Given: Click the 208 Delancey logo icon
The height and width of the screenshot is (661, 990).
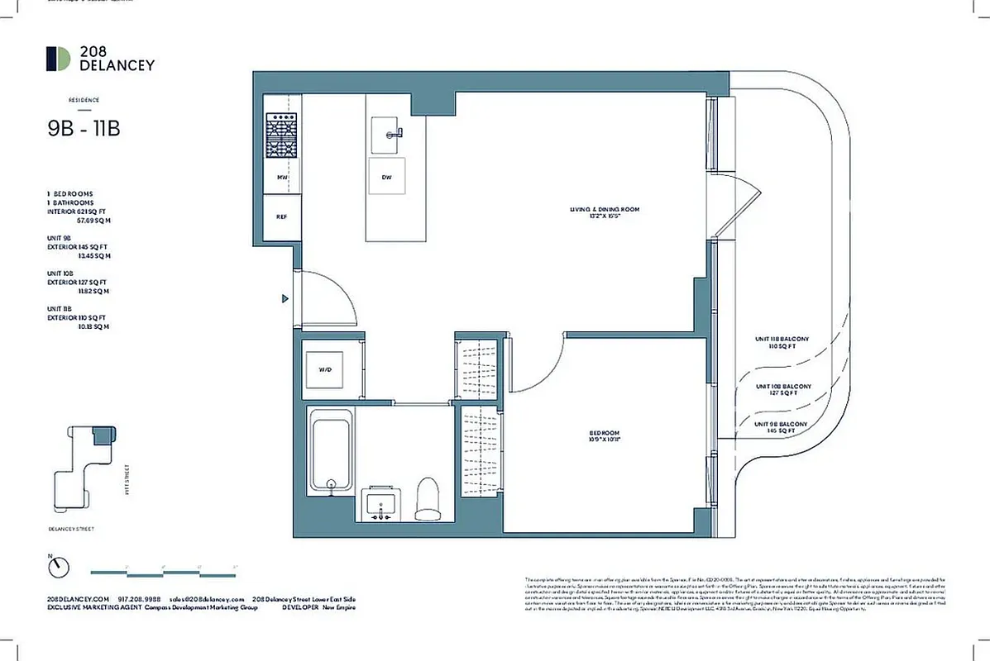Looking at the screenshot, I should point(58,59).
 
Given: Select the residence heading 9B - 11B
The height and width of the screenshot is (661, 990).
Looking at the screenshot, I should point(85,129).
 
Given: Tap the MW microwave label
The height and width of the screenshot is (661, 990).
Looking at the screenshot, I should point(281,178).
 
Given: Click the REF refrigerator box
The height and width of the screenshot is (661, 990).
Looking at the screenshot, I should point(281,216).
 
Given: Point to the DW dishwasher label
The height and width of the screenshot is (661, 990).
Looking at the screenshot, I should point(386,178).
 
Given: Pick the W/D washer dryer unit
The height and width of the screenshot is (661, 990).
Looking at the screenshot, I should point(325,369).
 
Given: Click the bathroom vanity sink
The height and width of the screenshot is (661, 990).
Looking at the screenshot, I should point(381,505).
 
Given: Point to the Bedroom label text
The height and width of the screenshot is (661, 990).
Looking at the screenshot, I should point(605,436).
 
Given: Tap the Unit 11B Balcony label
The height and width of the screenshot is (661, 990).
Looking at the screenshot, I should point(782,342).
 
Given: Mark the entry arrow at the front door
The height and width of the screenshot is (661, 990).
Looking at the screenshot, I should point(285,298).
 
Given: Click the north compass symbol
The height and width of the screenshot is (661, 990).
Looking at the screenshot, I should point(59,567).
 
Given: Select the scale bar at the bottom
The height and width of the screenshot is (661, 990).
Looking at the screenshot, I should point(163,570).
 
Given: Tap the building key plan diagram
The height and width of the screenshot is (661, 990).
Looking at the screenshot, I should point(84,464).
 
